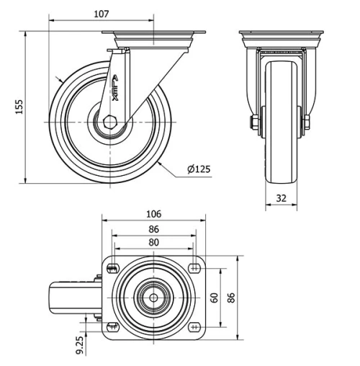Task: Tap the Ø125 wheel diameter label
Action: (199, 169)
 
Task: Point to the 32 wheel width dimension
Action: (281, 197)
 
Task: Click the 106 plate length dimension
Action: (153, 214)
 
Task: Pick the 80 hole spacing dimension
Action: (153, 243)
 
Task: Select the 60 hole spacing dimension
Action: (215, 297)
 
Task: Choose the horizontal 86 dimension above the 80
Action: (153, 229)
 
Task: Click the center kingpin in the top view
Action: (153, 297)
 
